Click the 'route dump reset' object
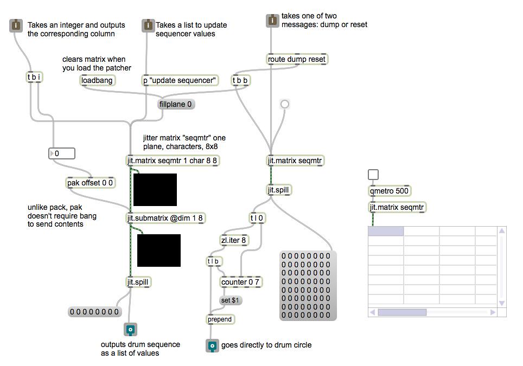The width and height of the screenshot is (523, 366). pyautogui.click(x=298, y=59)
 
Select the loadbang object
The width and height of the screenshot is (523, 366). pyautogui.click(x=97, y=80)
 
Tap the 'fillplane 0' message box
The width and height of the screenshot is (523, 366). pyautogui.click(x=176, y=104)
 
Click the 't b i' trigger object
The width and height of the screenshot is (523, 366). pyautogui.click(x=34, y=78)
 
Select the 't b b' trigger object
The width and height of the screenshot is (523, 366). pyautogui.click(x=240, y=80)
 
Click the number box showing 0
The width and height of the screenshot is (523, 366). pyautogui.click(x=61, y=153)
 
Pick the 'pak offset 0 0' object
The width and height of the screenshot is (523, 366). pyautogui.click(x=91, y=183)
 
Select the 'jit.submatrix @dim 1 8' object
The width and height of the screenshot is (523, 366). pyautogui.click(x=165, y=218)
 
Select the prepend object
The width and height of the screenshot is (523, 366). pyautogui.click(x=220, y=319)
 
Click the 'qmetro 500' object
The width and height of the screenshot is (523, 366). pyautogui.click(x=390, y=191)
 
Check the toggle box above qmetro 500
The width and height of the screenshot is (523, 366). pyautogui.click(x=373, y=175)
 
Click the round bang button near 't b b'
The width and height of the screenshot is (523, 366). pyautogui.click(x=285, y=104)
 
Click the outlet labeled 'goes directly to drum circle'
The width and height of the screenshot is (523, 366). pyautogui.click(x=213, y=345)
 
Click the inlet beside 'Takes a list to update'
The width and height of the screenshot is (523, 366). pyautogui.click(x=148, y=25)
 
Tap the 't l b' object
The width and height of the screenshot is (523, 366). pyautogui.click(x=214, y=261)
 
